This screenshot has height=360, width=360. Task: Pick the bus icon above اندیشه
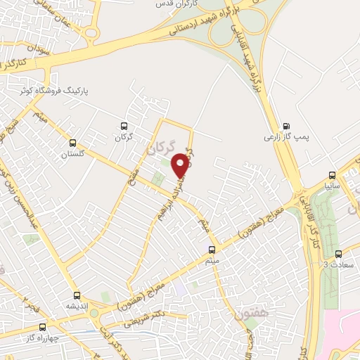[77, 296]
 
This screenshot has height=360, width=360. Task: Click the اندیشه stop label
[77, 307]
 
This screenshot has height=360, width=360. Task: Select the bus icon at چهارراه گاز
[42, 326]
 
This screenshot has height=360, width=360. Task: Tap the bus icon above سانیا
[333, 176]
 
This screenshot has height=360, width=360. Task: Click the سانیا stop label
[333, 186]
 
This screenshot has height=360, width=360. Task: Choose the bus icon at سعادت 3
[338, 254]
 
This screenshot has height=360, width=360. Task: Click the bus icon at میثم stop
[212, 250]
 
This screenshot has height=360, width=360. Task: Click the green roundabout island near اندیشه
[94, 313]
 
